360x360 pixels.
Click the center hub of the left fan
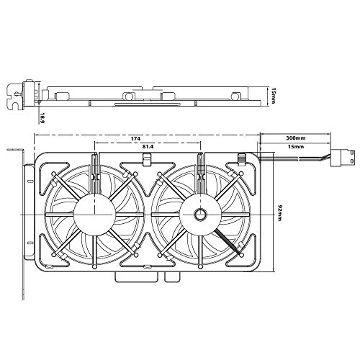[x=94, y=213]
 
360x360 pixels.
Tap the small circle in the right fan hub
[x=199, y=215]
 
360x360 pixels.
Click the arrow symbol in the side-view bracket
[x=15, y=92]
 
